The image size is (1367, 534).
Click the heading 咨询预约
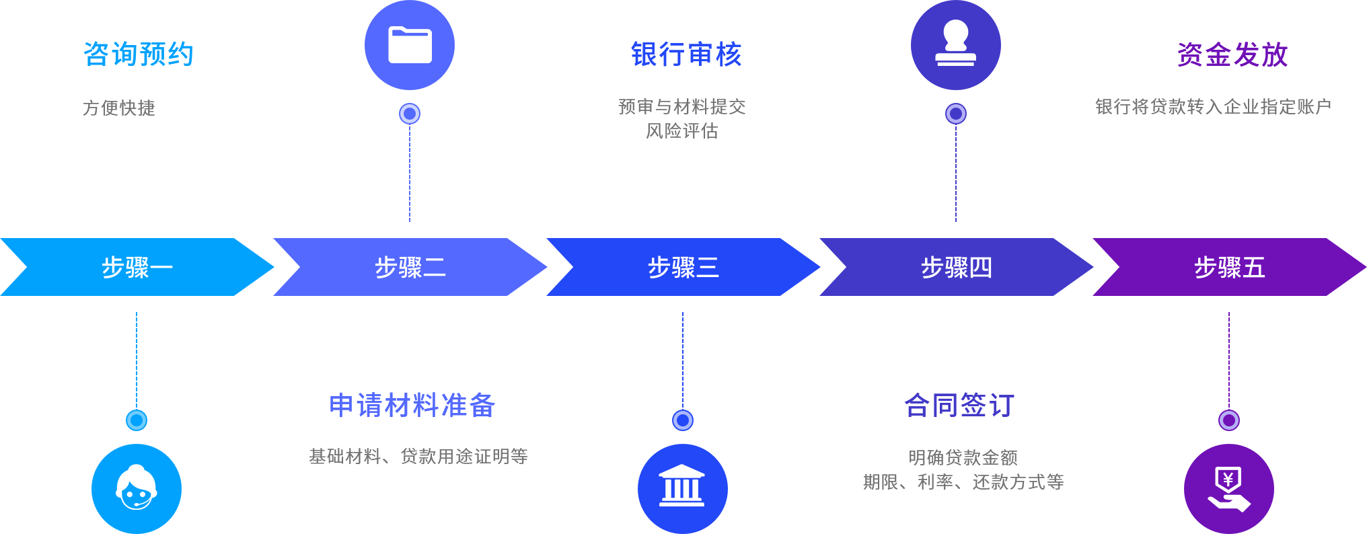139,54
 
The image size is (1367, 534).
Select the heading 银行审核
686,54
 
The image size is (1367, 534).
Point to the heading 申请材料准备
413,406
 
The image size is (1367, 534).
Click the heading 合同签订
959,406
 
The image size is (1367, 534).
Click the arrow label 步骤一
137,268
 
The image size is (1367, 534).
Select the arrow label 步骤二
410,268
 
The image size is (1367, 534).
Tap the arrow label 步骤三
683,268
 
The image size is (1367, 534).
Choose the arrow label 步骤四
957,268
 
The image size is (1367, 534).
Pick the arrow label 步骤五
1230,268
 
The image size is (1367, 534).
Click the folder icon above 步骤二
410,45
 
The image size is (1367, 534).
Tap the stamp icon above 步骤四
956,45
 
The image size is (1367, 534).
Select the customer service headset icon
137,489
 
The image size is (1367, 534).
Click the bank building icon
683,489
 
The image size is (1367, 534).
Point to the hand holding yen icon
1229,489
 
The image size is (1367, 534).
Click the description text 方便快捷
119,108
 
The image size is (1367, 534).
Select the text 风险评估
682,131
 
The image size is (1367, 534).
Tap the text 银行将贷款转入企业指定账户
1214,107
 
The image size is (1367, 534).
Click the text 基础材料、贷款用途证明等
418,457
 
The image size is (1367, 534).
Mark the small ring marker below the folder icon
410,114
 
